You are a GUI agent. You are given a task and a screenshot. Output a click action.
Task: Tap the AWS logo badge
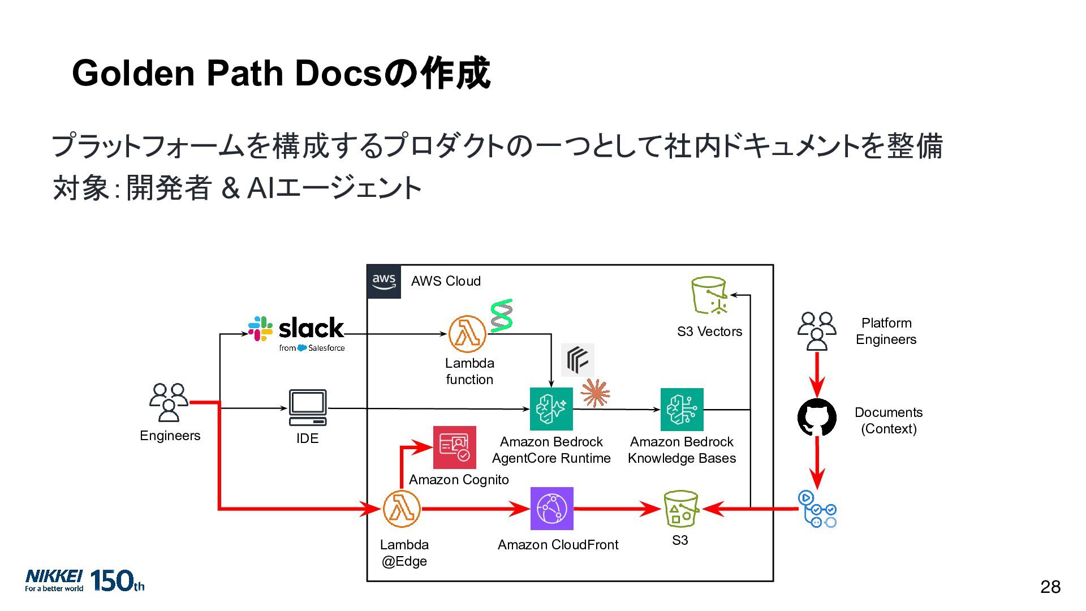384,282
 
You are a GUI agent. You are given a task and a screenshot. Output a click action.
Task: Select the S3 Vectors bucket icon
709,295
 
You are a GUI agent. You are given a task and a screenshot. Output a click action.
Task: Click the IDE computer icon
308,407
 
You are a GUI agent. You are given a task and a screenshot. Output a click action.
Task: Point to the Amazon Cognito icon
455,448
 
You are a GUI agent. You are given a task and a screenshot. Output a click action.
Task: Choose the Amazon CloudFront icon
552,509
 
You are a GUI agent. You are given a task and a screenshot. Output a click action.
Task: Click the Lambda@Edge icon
402,509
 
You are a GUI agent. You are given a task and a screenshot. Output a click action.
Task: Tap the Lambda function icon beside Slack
467,334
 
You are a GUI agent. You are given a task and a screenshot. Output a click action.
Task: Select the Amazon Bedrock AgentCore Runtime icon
551,409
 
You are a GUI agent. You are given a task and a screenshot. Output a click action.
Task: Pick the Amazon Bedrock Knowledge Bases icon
682,410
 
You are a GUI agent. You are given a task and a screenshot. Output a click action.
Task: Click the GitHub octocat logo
817,418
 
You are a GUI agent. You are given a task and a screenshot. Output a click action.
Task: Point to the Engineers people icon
169,403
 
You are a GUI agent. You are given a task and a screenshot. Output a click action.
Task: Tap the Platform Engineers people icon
817,332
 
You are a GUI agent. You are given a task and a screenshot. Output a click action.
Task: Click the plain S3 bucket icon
681,509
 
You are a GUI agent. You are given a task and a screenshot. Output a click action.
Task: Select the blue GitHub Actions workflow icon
817,509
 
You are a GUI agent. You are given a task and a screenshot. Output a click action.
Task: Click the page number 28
1050,587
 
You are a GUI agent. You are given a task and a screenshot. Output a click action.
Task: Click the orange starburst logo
595,393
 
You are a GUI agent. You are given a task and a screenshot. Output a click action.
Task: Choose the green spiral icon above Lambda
501,316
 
